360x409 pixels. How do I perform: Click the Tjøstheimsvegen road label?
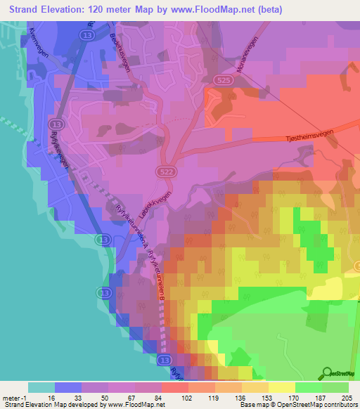tap(319, 131)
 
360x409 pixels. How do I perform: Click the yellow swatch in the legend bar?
tap(282, 387)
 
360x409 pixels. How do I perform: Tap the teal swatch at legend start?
tap(41, 387)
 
